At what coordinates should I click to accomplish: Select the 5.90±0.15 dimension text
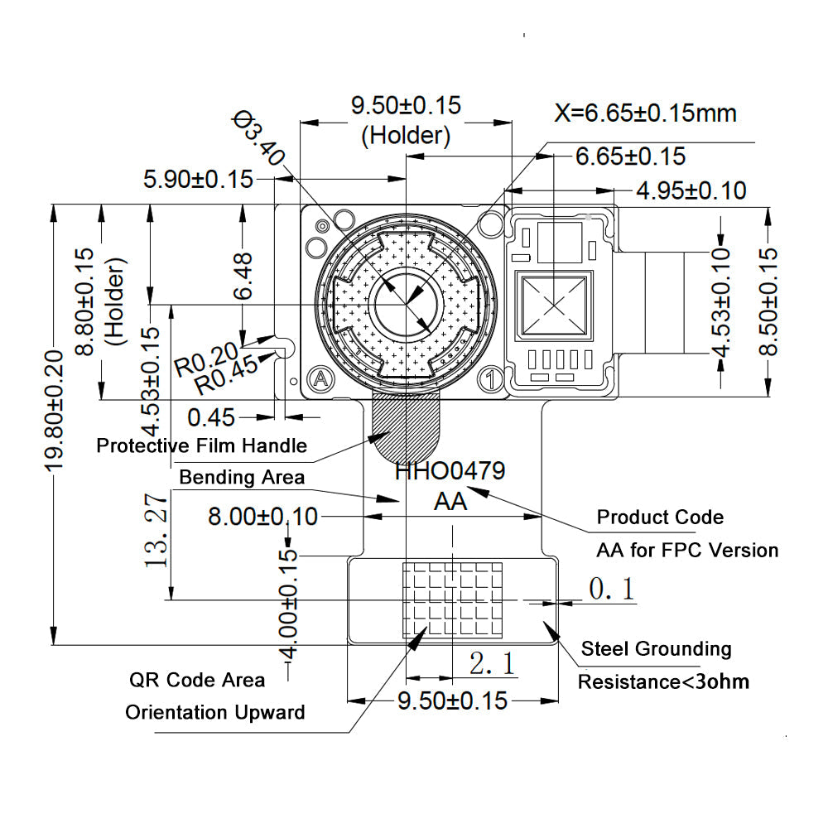tap(198, 179)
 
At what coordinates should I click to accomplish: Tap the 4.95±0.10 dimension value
tap(691, 191)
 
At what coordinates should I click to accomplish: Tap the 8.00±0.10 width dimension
tap(262, 517)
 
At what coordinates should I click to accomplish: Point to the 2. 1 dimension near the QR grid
tap(493, 663)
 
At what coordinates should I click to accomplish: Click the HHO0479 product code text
tap(449, 472)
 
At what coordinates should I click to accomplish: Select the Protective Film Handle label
tap(201, 445)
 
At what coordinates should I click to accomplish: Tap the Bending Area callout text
tap(241, 477)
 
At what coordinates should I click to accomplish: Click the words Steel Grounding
tap(656, 648)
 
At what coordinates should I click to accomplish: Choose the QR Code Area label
tap(197, 680)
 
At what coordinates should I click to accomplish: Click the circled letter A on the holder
tap(320, 379)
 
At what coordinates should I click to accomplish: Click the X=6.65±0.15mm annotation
tap(646, 113)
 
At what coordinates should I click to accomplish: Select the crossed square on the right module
tap(555, 305)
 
